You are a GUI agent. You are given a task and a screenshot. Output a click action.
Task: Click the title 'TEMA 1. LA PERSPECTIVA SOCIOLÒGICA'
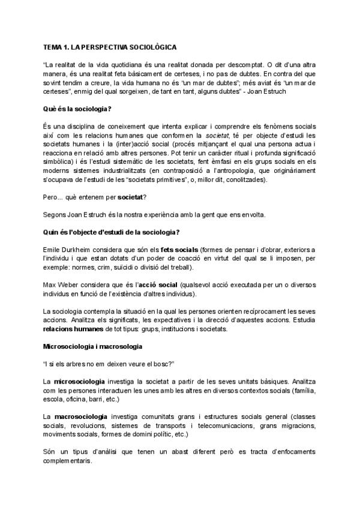click(x=110, y=46)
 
